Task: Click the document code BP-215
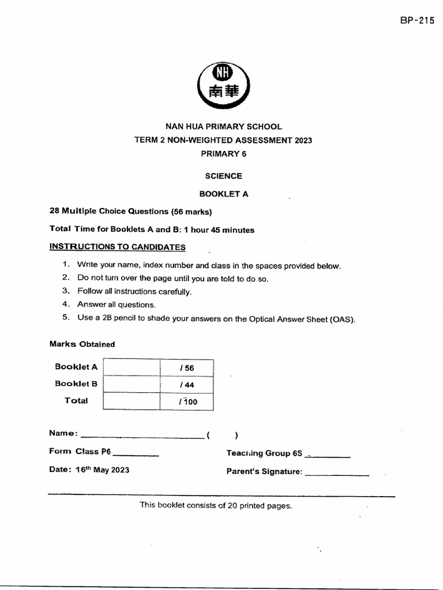[417, 21]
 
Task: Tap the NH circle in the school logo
[224, 73]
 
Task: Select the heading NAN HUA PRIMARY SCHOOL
[224, 127]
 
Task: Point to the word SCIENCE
[224, 176]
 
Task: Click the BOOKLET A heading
[224, 194]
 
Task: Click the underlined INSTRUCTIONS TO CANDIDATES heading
[118, 247]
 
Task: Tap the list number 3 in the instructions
[66, 291]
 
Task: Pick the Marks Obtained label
[82, 345]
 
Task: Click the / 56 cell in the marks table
[186, 368]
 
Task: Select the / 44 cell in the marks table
[186, 385]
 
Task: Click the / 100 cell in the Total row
[187, 402]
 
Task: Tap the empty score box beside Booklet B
[132, 385]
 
